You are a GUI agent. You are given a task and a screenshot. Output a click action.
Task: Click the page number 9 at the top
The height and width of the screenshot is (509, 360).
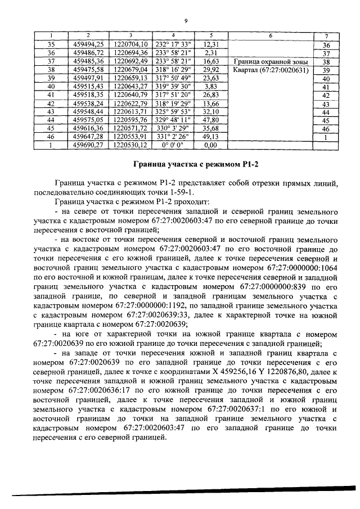(185, 21)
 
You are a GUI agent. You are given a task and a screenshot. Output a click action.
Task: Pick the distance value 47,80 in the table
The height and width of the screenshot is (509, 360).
(211, 120)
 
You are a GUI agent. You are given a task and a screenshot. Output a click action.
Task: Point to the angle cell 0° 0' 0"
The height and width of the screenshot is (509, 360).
(173, 145)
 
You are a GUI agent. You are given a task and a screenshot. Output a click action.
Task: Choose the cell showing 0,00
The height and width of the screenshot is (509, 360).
(211, 145)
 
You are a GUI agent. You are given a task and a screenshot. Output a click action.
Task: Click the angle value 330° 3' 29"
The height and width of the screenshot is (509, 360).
(173, 128)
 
